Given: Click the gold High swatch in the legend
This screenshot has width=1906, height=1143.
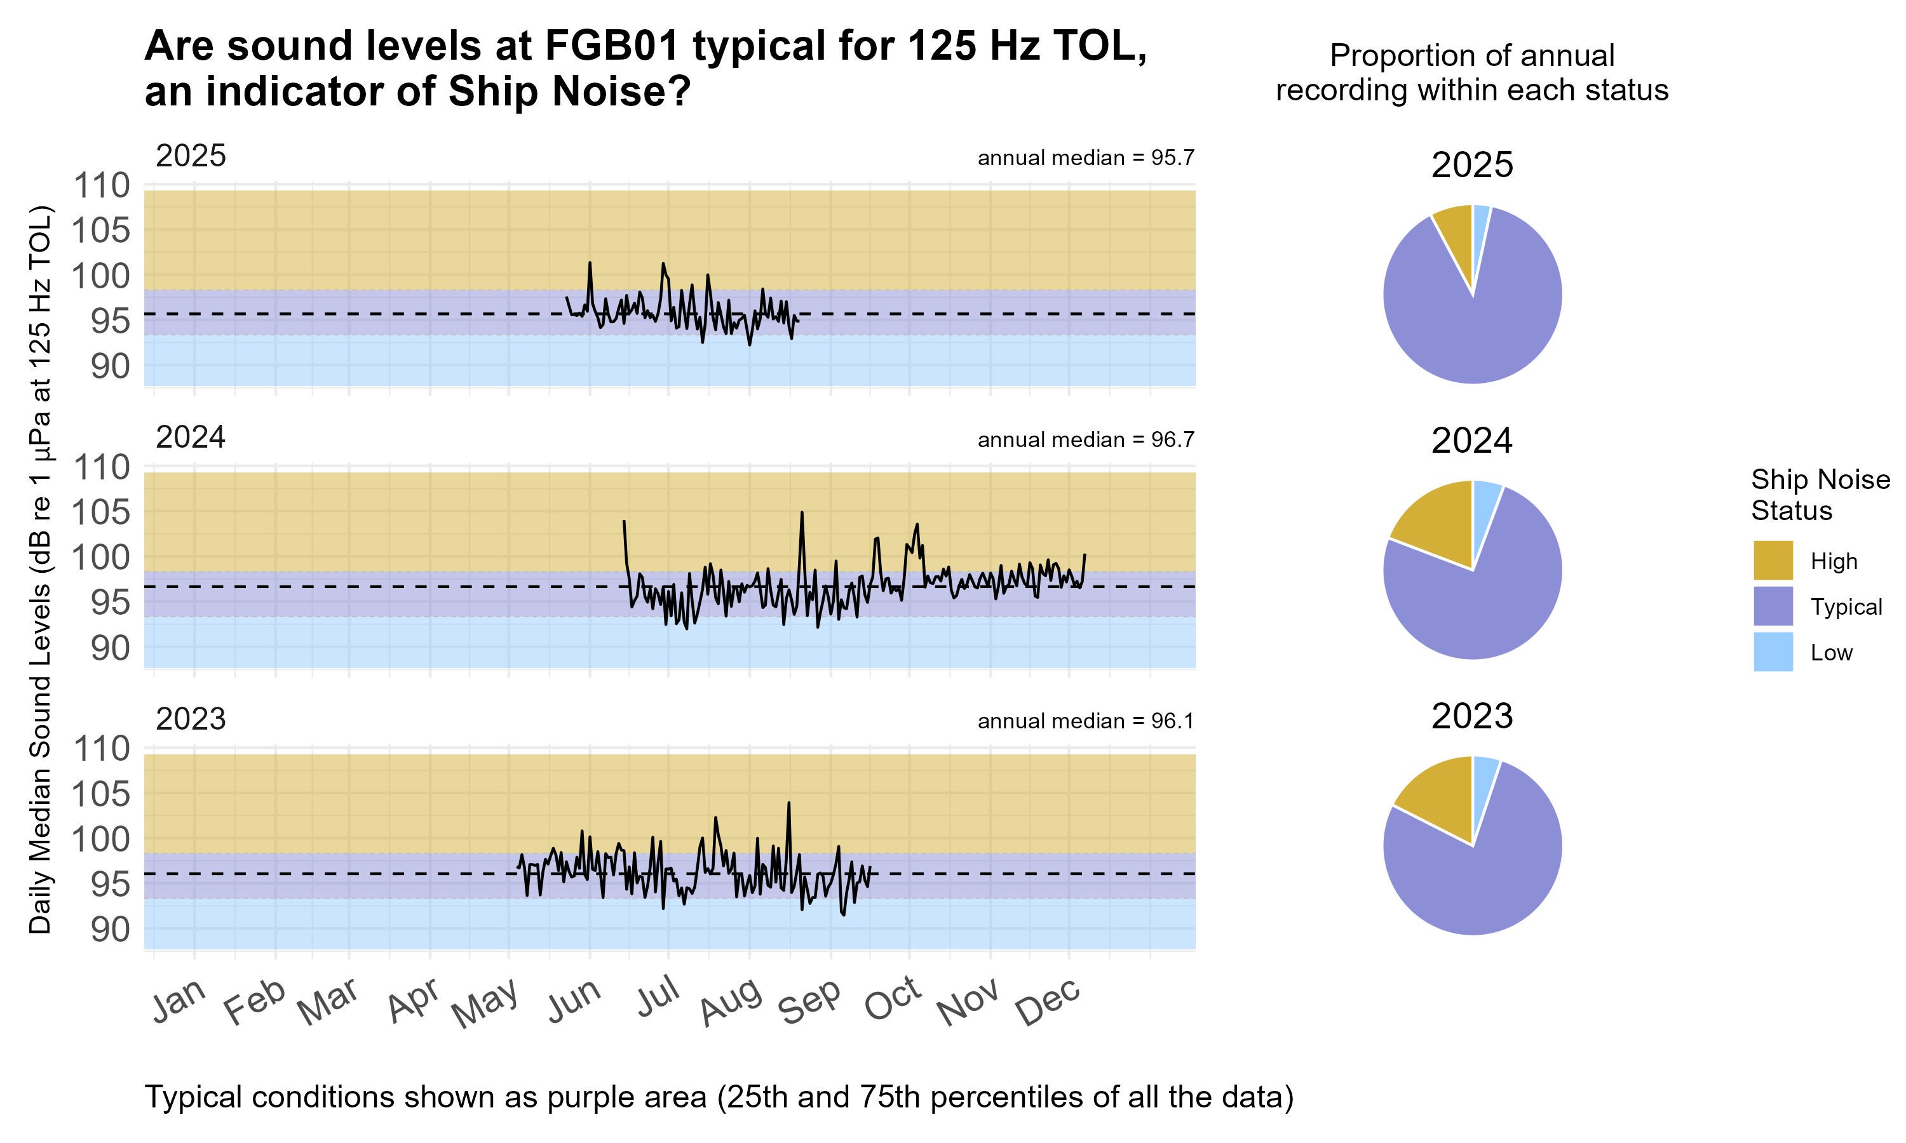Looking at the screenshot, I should tap(1773, 560).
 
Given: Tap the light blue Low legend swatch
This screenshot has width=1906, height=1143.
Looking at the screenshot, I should tap(1773, 652).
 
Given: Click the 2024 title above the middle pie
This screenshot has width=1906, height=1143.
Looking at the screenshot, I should tap(1471, 441).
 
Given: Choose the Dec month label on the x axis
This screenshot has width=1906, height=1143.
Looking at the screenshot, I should tap(1048, 1001).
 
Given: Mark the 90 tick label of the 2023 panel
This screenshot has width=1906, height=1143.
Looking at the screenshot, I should tap(110, 930).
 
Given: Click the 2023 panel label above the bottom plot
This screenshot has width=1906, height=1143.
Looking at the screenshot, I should tap(191, 719).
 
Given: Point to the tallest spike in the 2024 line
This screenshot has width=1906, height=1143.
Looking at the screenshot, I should tap(801, 512).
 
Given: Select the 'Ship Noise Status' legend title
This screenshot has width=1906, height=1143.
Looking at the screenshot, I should tap(1820, 495).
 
